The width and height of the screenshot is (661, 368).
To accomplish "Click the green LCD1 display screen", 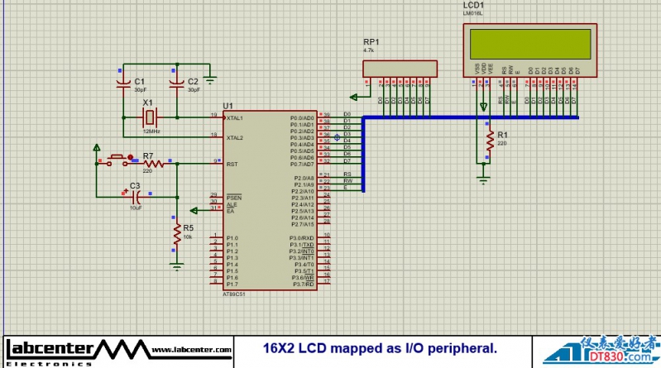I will click(x=531, y=42).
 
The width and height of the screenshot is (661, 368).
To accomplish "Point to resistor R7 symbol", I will click(x=153, y=164).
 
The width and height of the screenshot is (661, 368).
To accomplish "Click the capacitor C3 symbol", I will click(x=137, y=197).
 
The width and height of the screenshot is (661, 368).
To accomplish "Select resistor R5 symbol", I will click(x=176, y=236).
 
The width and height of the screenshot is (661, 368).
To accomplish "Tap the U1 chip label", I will click(x=228, y=106).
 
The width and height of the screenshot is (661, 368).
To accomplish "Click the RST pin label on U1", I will click(x=232, y=164).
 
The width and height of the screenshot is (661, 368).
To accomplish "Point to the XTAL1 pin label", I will click(x=235, y=118).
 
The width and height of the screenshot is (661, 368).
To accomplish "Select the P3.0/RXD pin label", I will click(x=302, y=238).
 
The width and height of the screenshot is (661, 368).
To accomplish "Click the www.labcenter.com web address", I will click(x=191, y=351).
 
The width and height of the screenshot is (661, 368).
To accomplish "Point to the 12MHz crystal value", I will click(x=151, y=131).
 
